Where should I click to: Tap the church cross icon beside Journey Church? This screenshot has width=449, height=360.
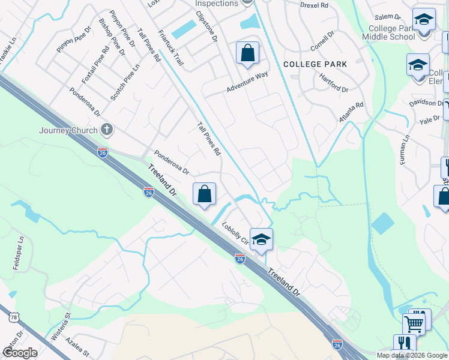click(107, 129)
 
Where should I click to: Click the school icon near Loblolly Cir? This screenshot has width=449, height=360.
click(261, 239)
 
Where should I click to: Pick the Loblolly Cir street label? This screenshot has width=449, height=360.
click(235, 235)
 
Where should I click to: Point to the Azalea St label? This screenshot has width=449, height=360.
click(78, 347)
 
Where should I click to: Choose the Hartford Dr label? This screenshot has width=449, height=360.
click(334, 85)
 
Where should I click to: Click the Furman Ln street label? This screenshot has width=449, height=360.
click(406, 150)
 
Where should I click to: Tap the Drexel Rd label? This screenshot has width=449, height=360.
click(315, 5)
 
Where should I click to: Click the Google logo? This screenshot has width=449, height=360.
click(20, 353)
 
